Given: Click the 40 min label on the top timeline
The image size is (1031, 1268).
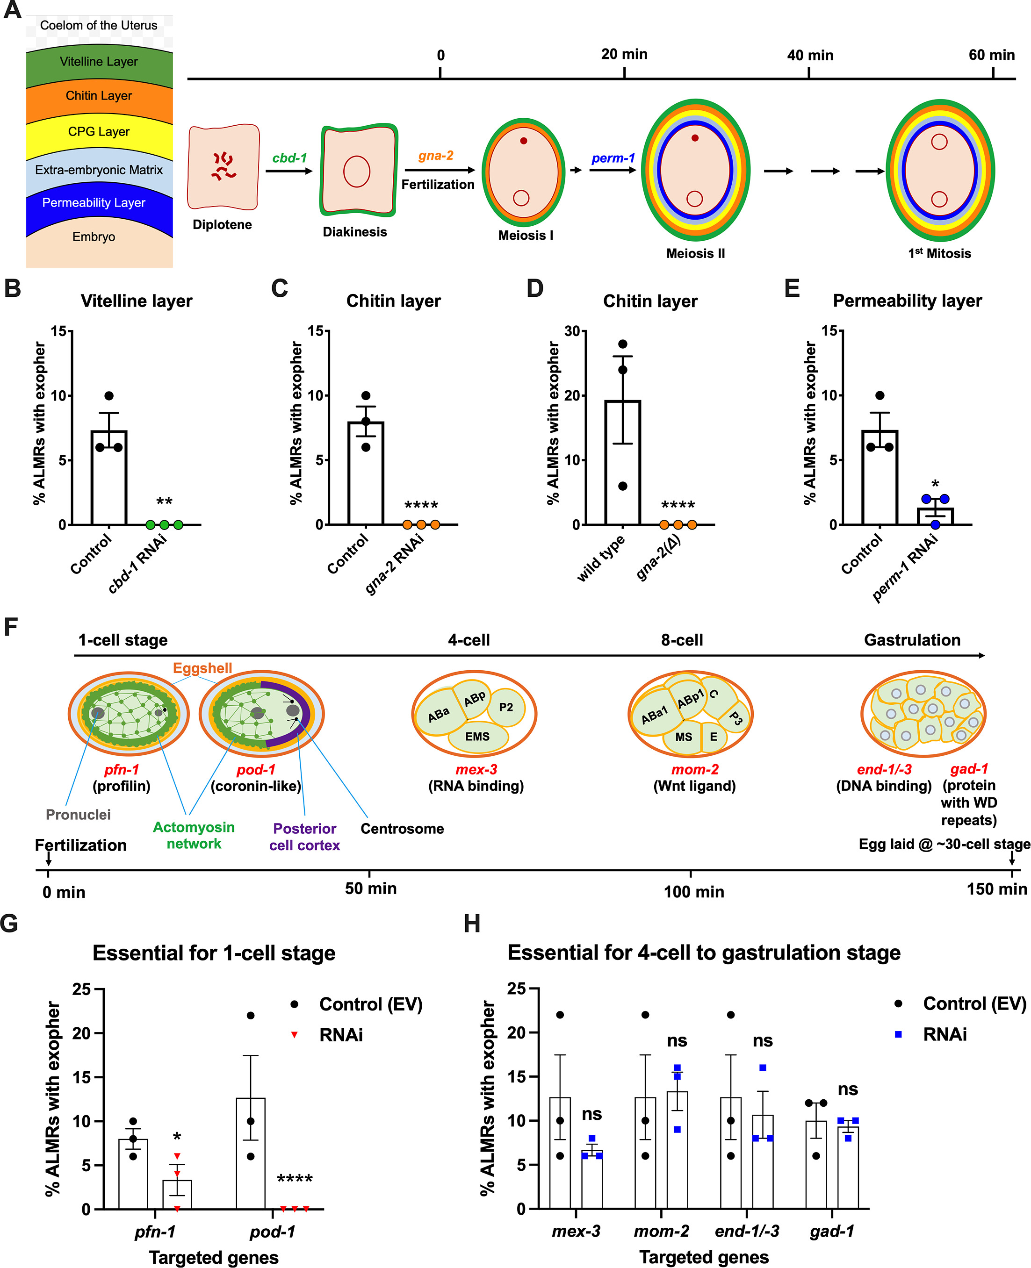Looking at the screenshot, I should (809, 56).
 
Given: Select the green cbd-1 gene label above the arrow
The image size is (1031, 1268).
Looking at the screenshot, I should (289, 158).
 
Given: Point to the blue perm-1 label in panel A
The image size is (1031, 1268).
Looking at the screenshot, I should (613, 158).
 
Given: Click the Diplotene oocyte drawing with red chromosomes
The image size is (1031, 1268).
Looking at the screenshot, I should (224, 167).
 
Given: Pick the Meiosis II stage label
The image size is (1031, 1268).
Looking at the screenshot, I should (695, 253).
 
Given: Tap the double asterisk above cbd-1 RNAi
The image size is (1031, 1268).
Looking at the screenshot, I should (164, 501).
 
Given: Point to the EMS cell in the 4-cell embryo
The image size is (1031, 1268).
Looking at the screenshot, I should (477, 737).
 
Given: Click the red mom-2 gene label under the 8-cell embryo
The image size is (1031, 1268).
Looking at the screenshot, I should (694, 769).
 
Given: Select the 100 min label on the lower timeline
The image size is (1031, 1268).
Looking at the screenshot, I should (694, 892).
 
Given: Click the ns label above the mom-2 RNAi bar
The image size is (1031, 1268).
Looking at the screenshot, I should (677, 1041).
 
